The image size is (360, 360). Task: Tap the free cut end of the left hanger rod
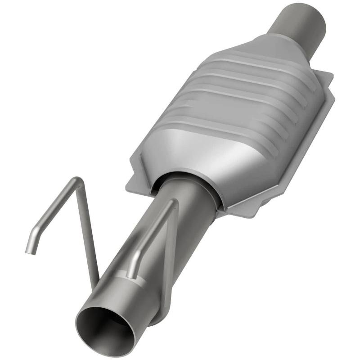[x=30, y=251]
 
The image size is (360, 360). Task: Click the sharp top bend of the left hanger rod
[x=77, y=180]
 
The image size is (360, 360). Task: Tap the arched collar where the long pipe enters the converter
[x=189, y=178]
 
